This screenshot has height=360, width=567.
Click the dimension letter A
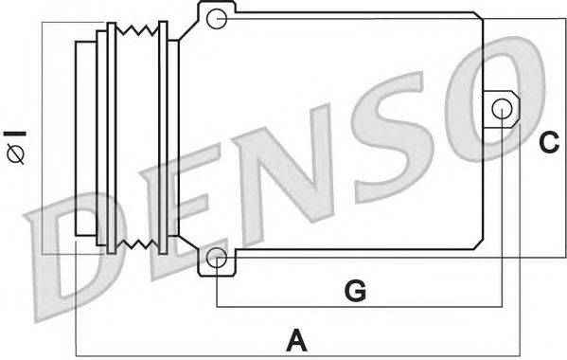[297, 337]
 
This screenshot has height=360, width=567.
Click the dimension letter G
[355, 290]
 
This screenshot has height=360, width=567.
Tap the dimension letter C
[549, 143]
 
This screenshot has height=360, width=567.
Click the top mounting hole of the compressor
[217, 17]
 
